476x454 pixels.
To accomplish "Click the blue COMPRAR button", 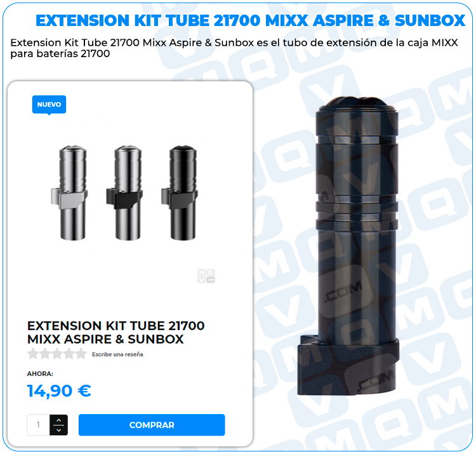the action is pyautogui.click(x=152, y=425).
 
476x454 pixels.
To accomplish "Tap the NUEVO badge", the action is pyautogui.click(x=49, y=105).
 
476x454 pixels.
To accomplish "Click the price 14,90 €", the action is pyautogui.click(x=59, y=391).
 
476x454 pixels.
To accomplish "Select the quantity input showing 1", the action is pyautogui.click(x=38, y=425).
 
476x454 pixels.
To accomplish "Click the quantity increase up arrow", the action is pyautogui.click(x=59, y=420).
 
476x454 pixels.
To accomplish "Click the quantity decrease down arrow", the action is pyautogui.click(x=59, y=430).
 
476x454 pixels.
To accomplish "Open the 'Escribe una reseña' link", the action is pyautogui.click(x=117, y=354).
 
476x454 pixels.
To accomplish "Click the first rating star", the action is pyautogui.click(x=33, y=354).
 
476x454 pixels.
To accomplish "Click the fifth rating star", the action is pyautogui.click(x=81, y=354).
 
